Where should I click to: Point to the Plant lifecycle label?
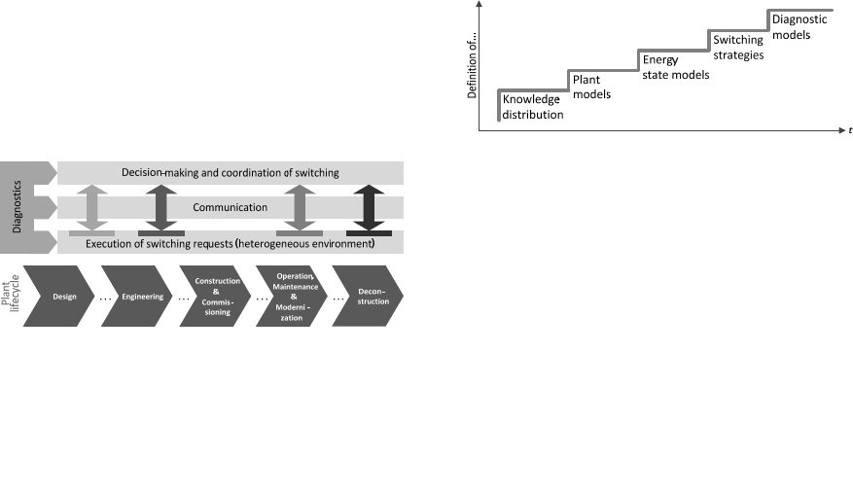11,295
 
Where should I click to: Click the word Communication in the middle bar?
230,207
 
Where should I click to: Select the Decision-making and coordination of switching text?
230,173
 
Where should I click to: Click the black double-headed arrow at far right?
369,208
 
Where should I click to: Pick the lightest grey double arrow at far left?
91,208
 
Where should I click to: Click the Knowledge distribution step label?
532,107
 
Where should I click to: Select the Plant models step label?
591,87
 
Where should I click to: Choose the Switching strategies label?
737,48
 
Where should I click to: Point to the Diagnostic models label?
801,26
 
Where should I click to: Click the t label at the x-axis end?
849,129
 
